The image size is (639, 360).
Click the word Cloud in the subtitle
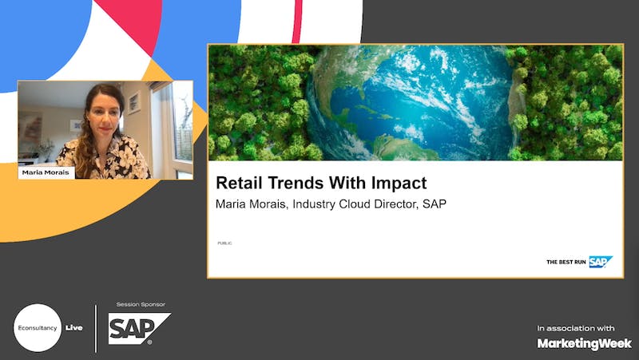click(355, 204)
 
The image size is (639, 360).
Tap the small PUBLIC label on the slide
click(224, 243)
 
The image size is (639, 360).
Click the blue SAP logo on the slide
click(601, 262)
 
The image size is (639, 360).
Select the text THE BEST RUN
click(566, 262)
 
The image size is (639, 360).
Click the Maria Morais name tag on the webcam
click(46, 172)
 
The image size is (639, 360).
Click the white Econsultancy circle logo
click(38, 328)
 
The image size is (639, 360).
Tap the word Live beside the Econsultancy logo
click(73, 328)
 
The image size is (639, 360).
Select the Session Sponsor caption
click(141, 304)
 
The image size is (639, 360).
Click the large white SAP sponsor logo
click(139, 329)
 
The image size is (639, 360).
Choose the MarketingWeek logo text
click(584, 344)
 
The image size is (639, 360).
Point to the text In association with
click(575, 328)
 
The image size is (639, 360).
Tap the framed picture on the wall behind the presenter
click(134, 103)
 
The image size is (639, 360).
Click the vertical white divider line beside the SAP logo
click(96, 328)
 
